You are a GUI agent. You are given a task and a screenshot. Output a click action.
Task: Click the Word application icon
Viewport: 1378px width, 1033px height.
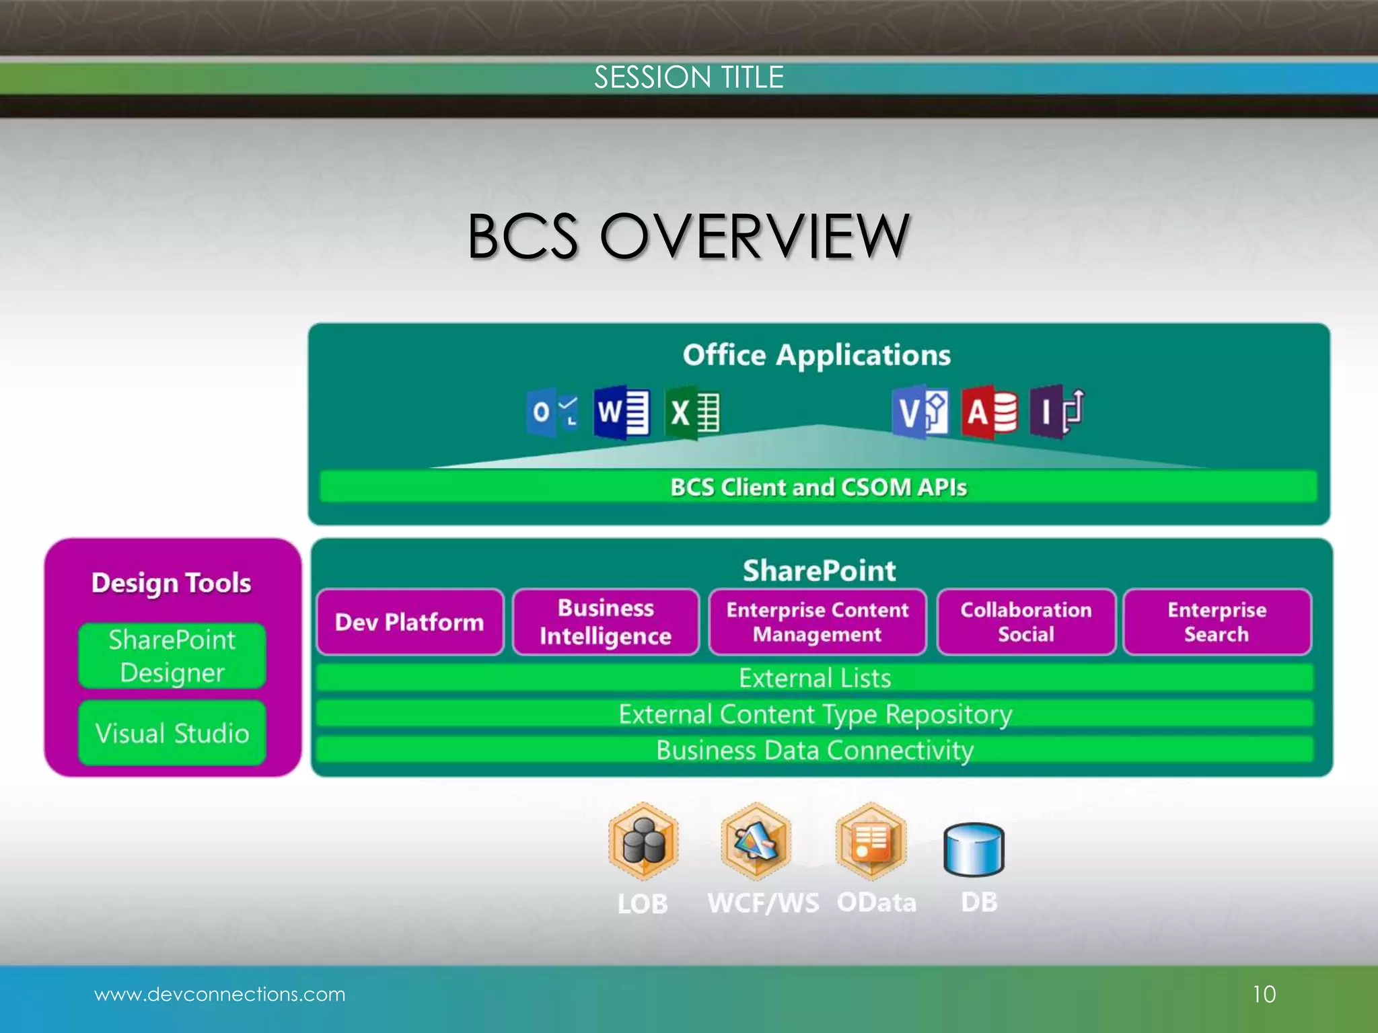click(622, 412)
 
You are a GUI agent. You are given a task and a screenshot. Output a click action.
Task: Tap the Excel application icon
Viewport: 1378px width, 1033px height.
click(693, 412)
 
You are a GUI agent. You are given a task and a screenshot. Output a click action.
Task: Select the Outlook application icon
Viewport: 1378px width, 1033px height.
click(552, 412)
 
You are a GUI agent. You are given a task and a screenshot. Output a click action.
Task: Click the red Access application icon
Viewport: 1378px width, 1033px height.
click(989, 412)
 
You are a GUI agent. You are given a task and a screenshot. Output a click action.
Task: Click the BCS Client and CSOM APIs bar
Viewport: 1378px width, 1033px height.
click(818, 487)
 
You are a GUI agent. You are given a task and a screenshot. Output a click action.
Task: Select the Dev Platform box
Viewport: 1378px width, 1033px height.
click(410, 622)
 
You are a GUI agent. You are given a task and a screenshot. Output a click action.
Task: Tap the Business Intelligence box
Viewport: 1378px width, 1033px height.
click(606, 622)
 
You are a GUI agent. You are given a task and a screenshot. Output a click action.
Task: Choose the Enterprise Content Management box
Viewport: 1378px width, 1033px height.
click(818, 622)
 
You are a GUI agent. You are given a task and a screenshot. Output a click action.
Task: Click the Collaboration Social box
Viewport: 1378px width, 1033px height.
click(1026, 622)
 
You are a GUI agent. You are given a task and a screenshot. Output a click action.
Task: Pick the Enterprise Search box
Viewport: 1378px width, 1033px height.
click(1217, 622)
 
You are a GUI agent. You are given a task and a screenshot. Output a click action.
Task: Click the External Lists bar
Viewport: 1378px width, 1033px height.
click(815, 678)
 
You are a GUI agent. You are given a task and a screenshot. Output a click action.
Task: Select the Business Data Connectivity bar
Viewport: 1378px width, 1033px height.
click(815, 750)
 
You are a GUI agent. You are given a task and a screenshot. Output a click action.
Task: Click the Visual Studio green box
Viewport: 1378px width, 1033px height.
click(172, 733)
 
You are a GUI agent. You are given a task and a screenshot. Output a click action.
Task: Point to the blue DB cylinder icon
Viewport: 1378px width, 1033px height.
click(974, 850)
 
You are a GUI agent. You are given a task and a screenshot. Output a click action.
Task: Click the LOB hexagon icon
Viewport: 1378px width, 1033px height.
click(643, 842)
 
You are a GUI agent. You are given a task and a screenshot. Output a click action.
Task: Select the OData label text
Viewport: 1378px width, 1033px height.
click(876, 903)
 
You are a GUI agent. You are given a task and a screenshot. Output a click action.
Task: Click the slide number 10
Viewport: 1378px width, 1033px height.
click(1264, 994)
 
